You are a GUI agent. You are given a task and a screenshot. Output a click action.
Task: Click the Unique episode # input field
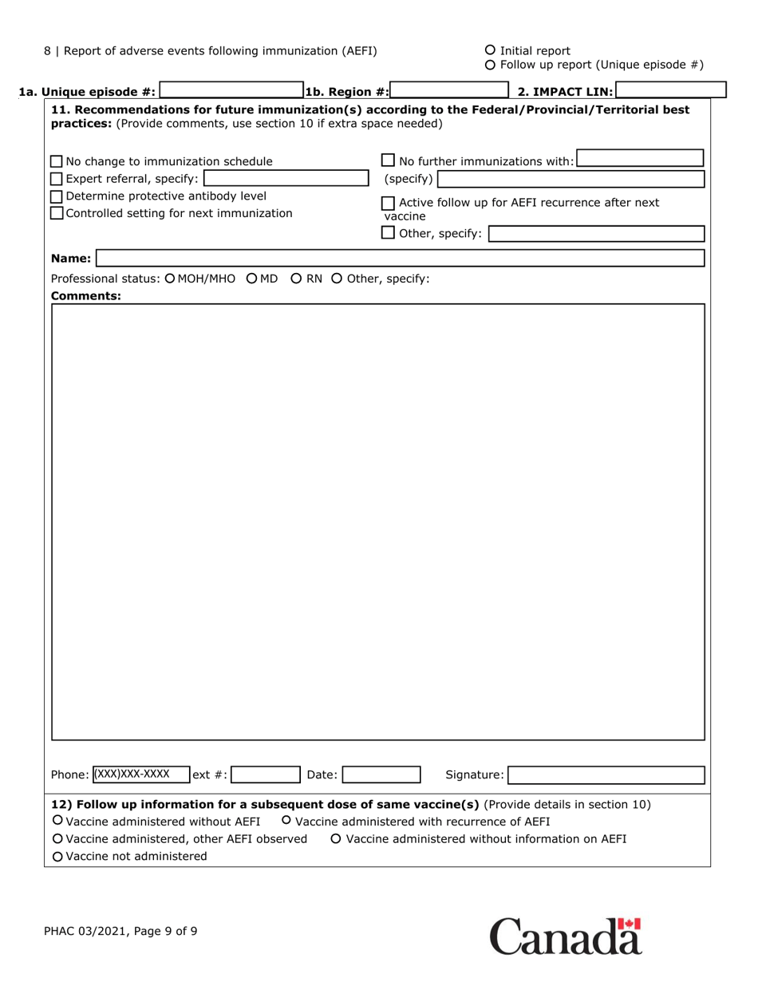pos(231,91)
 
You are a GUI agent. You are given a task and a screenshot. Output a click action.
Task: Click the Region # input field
pos(449,91)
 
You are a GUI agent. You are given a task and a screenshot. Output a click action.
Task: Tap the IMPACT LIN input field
pos(670,91)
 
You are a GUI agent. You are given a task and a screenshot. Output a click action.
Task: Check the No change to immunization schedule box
pos(57,162)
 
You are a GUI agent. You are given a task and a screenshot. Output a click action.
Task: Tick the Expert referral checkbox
pos(57,178)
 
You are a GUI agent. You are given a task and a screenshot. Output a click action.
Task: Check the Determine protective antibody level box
pos(57,196)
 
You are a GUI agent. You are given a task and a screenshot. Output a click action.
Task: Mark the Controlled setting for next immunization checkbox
pos(57,213)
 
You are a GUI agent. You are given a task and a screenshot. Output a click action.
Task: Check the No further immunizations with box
pos(389,161)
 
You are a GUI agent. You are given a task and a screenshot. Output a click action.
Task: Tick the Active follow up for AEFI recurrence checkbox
pos(389,203)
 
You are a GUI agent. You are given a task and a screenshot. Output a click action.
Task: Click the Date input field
pos(381,774)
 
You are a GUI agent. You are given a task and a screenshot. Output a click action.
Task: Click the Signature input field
pos(606,774)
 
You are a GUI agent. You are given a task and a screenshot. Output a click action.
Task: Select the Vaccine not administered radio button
pos(57,857)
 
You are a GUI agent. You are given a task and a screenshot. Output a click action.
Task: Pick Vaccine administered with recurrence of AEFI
pos(286,821)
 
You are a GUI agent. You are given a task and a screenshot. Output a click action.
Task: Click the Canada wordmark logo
pos(565,936)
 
